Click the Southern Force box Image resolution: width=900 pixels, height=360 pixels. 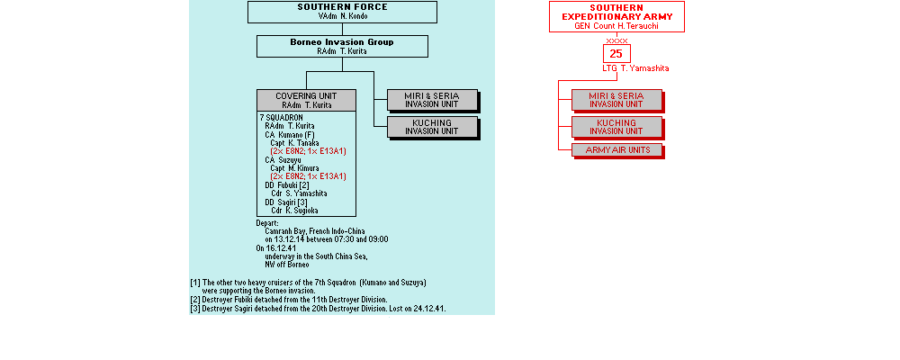click(x=342, y=12)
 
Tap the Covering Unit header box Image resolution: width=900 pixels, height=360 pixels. click(x=306, y=100)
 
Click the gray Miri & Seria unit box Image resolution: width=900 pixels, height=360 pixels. click(x=431, y=100)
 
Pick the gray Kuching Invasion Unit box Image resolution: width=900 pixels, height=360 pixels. click(x=431, y=127)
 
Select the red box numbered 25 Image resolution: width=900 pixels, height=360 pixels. click(x=616, y=54)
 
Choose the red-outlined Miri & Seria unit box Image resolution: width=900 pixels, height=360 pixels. click(x=616, y=99)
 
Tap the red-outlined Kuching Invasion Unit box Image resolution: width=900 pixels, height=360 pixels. click(x=616, y=126)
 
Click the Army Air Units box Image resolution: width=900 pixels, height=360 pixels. click(x=616, y=149)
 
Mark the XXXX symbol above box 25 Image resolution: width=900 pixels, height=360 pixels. click(x=616, y=40)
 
